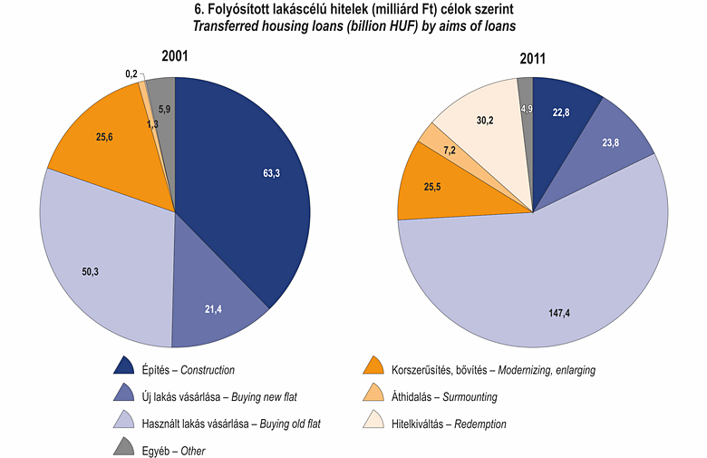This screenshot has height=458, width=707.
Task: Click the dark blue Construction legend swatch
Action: (x=124, y=368)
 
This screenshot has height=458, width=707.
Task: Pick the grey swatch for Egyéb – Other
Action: (x=124, y=448)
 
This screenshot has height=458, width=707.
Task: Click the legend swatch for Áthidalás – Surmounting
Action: (x=373, y=395)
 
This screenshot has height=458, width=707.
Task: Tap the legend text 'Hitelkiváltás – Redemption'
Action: (x=449, y=423)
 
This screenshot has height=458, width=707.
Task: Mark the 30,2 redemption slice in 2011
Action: (x=485, y=119)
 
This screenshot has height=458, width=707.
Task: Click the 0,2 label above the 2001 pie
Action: (x=131, y=73)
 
